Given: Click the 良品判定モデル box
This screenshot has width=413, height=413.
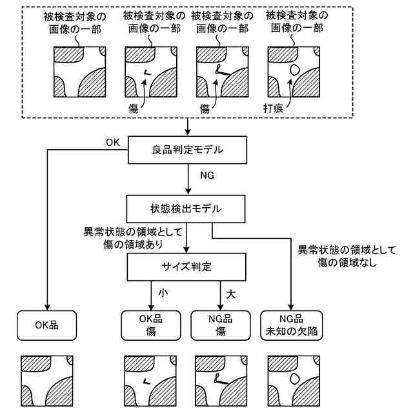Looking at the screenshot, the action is click(x=187, y=150).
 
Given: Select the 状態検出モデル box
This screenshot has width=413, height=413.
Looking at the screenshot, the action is click(x=186, y=209).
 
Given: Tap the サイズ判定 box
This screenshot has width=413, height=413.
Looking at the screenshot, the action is click(x=186, y=267).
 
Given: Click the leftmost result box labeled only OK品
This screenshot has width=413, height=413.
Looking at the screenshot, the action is click(x=47, y=325).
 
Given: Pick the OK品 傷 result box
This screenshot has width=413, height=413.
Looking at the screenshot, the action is click(x=151, y=325).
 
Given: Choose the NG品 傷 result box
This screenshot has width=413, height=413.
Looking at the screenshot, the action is click(x=221, y=325).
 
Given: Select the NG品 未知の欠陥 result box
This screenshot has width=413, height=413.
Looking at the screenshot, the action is click(x=291, y=325).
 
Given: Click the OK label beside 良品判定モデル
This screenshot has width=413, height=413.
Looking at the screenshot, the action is click(x=113, y=143).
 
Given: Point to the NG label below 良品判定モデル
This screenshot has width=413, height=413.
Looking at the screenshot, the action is click(x=207, y=176).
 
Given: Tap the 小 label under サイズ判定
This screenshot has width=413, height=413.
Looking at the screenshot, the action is click(x=163, y=292).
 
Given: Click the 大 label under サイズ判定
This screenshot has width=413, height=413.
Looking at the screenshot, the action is click(x=231, y=294).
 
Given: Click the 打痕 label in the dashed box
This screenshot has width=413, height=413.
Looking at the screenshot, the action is click(x=273, y=108).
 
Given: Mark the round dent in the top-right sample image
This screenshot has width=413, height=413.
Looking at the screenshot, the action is click(x=295, y=70).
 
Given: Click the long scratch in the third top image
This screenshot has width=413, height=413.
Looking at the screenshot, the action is click(x=222, y=70).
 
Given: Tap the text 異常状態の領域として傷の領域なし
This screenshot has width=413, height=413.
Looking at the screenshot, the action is click(x=347, y=256).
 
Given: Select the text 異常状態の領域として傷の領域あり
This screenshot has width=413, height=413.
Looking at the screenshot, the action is click(x=133, y=238).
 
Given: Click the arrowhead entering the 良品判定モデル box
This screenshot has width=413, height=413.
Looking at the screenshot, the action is click(x=188, y=132).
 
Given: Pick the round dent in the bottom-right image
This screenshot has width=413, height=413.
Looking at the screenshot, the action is click(x=295, y=379).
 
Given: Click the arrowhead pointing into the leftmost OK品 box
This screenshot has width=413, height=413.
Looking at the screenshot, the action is click(x=47, y=307).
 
